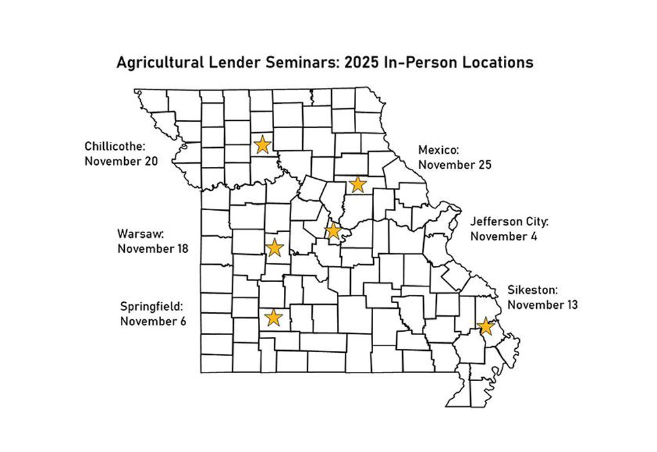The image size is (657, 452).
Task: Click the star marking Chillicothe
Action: pyautogui.click(x=263, y=144)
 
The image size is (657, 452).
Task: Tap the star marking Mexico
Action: pyautogui.click(x=357, y=184)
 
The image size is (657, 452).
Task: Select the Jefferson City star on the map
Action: pyautogui.click(x=334, y=231)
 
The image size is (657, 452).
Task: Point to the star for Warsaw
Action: pyautogui.click(x=275, y=248)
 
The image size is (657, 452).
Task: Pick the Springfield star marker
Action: pyautogui.click(x=273, y=318)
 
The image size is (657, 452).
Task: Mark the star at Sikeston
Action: pyautogui.click(x=486, y=326)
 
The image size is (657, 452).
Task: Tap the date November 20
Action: pyautogui.click(x=121, y=161)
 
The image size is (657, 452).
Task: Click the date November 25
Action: pyautogui.click(x=455, y=165)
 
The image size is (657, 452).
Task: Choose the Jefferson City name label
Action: pyautogui.click(x=509, y=221)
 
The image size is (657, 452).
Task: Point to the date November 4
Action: pyautogui.click(x=503, y=237)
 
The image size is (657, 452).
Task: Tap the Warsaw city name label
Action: pyautogui.click(x=141, y=234)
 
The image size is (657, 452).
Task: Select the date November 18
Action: pyautogui.click(x=153, y=249)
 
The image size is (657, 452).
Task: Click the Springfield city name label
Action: pyautogui.click(x=150, y=307)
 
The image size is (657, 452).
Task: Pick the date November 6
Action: pyautogui.click(x=153, y=321)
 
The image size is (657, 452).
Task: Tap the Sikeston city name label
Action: pyautogui.click(x=533, y=290)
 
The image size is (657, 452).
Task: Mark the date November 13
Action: pyautogui.click(x=543, y=305)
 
